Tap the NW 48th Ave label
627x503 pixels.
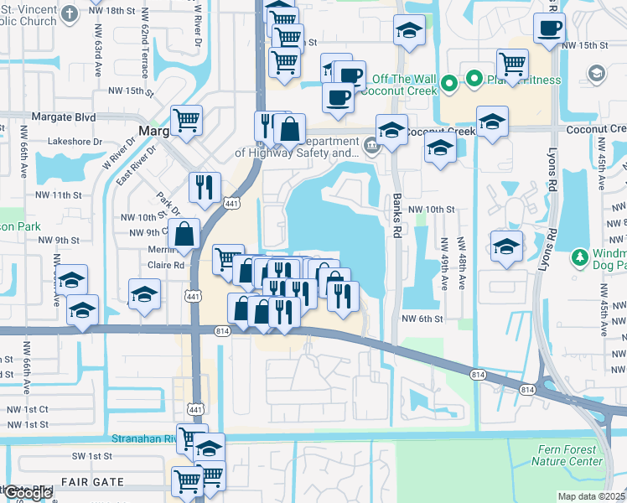point(462,263)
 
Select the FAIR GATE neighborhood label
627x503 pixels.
point(92,483)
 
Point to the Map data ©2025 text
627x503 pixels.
point(592,496)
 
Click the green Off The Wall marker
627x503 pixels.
point(449,82)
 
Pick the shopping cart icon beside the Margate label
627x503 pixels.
point(186,120)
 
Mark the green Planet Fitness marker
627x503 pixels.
point(473,80)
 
